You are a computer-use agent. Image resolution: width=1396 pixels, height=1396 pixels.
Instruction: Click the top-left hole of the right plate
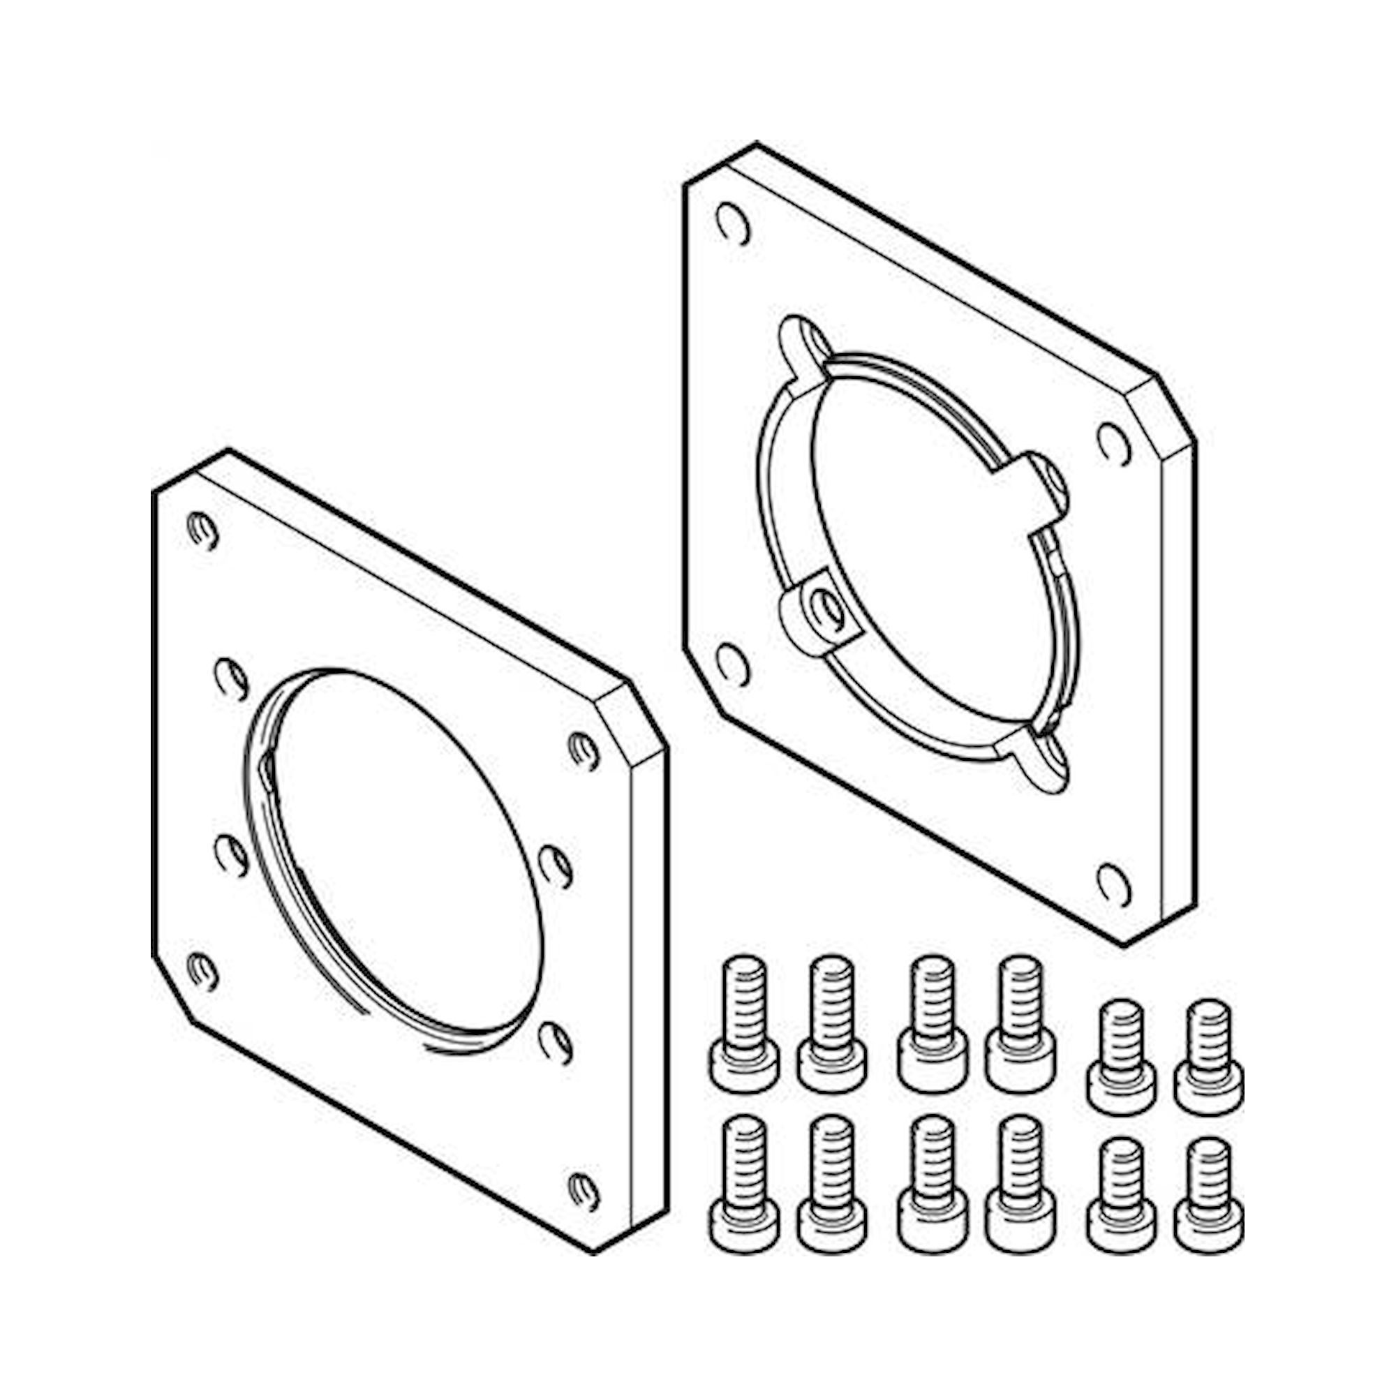pyautogui.click(x=732, y=225)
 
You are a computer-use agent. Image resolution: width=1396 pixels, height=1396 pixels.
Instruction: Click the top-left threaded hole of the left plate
pyautogui.click(x=202, y=531)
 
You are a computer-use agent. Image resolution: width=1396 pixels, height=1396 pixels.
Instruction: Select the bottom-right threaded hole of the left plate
pyautogui.click(x=584, y=1191)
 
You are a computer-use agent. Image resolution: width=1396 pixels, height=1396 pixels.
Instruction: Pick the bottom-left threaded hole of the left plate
pyautogui.click(x=202, y=972)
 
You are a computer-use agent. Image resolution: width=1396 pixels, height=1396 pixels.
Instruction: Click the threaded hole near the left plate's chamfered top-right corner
pyautogui.click(x=584, y=751)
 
